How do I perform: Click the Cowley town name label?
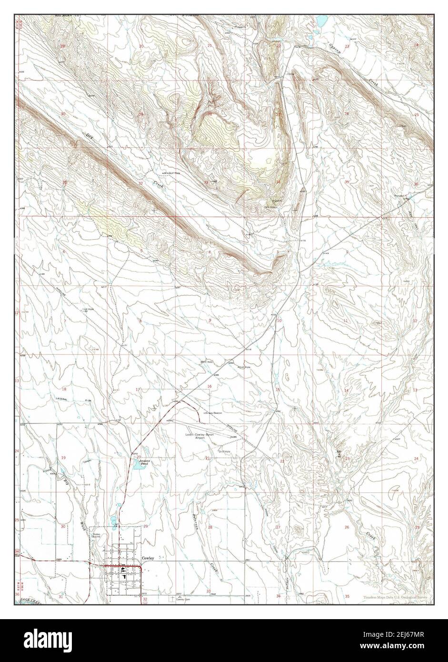(148, 558)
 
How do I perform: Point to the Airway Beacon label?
(213, 413)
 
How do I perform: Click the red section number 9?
(209, 321)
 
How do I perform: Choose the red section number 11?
(346, 321)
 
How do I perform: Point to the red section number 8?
(140, 321)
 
